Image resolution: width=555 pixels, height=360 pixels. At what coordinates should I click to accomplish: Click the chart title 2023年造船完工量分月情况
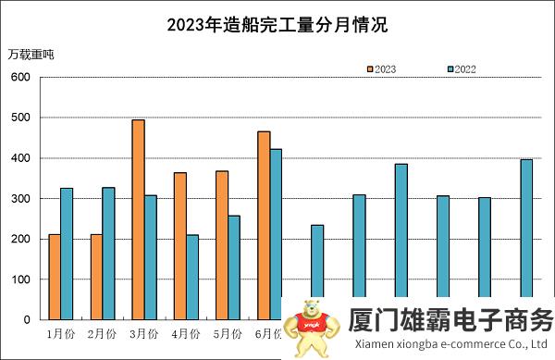[277, 25]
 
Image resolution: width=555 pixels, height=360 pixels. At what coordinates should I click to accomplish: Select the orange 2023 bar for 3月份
[138, 219]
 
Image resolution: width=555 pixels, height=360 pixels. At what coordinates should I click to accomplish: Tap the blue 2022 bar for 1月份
[67, 254]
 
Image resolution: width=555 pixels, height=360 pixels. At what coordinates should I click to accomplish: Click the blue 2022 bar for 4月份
[192, 277]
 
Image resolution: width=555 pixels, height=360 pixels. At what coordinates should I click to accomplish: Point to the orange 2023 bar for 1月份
[55, 277]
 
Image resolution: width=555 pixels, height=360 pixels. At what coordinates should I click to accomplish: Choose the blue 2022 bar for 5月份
[234, 267]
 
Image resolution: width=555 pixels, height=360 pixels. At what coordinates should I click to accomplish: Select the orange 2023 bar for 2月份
[96, 277]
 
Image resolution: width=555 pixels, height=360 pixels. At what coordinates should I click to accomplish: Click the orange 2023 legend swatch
[370, 69]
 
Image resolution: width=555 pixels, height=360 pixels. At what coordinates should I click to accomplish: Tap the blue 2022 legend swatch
[450, 69]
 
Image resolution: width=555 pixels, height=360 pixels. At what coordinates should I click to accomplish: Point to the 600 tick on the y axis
[21, 77]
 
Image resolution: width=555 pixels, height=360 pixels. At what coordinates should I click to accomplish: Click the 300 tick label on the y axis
[21, 199]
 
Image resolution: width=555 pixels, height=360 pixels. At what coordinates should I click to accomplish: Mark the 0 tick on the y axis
[28, 320]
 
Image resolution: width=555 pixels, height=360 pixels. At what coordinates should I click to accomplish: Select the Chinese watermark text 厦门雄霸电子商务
[450, 320]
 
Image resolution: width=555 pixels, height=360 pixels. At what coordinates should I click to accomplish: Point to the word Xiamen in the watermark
[372, 344]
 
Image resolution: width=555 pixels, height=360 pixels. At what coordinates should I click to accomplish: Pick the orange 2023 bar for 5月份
[222, 245]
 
